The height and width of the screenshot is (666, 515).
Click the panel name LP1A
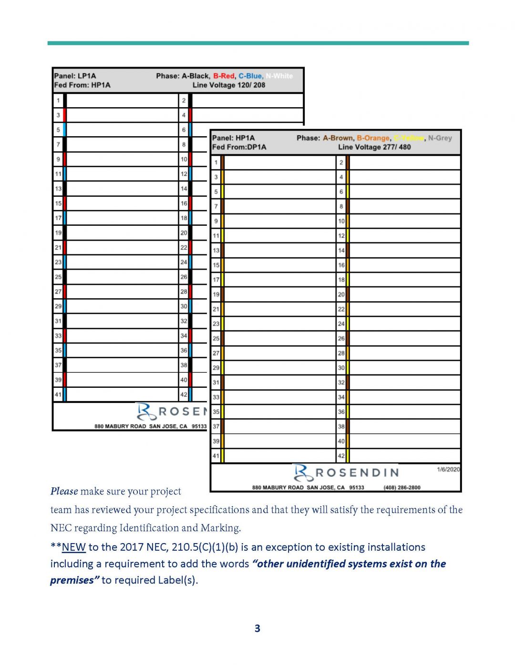(x=87, y=76)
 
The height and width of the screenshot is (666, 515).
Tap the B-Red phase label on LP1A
(x=224, y=76)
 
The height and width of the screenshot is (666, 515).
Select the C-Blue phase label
(x=250, y=76)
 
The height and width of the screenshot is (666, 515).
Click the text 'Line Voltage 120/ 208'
(x=229, y=85)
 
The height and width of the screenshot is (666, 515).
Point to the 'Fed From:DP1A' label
(x=239, y=147)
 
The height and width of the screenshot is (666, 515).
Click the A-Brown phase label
(x=338, y=138)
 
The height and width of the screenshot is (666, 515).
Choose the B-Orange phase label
(x=373, y=138)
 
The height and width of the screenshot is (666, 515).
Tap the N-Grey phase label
(x=440, y=138)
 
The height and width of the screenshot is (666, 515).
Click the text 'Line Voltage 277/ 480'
(x=374, y=147)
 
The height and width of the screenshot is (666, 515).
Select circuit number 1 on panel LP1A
(x=58, y=101)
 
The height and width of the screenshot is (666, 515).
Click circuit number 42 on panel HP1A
(x=341, y=456)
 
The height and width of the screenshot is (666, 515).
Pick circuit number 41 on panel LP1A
(x=58, y=394)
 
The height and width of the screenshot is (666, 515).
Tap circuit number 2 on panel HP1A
(x=341, y=162)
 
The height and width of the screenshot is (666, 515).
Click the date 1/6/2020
(x=448, y=469)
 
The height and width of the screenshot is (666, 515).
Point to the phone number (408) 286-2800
(x=402, y=487)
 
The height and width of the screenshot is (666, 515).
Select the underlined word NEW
(x=74, y=547)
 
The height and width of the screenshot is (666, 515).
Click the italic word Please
(x=64, y=491)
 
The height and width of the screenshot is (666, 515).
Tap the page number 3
(x=257, y=628)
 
